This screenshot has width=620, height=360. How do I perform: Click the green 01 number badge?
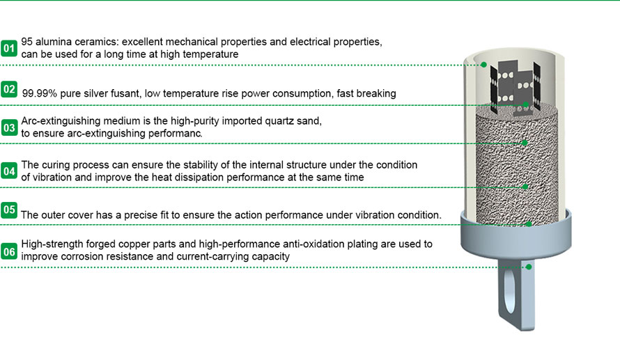click(9, 48)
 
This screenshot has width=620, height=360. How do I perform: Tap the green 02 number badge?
click(9, 89)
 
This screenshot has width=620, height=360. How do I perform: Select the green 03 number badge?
click(9, 127)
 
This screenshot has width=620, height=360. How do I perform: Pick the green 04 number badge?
click(9, 171)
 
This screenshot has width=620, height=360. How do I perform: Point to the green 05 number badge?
click(9, 210)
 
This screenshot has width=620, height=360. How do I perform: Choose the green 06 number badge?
click(9, 251)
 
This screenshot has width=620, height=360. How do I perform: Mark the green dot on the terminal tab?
click(529, 266)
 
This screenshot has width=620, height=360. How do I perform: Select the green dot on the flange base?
click(530, 224)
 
